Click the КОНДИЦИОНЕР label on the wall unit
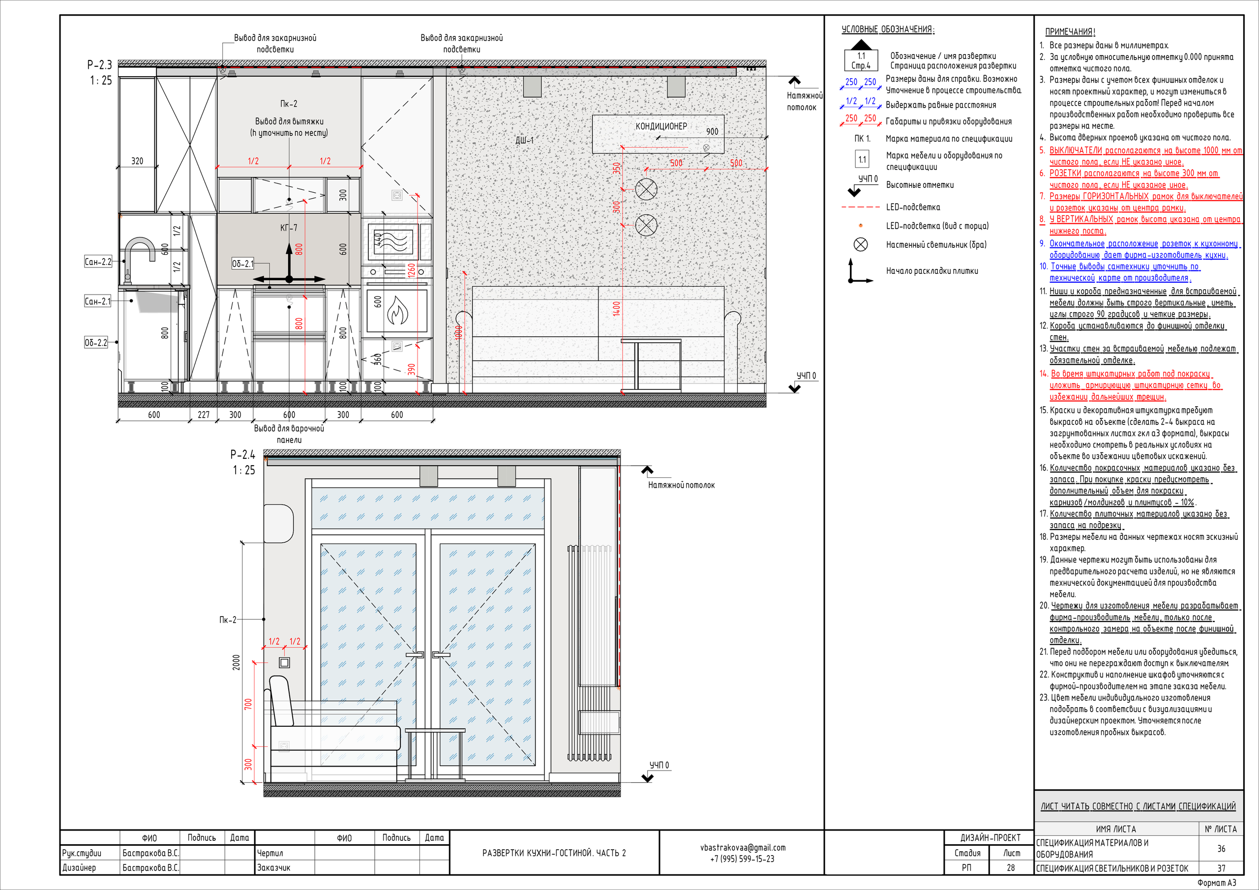[x=661, y=126]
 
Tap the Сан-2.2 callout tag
[x=97, y=262]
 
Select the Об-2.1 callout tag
[x=242, y=264]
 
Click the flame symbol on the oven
[x=397, y=311]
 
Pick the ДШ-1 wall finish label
[x=524, y=140]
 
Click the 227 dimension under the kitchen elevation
[x=204, y=415]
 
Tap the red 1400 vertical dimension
[x=616, y=309]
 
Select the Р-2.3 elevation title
[x=99, y=65]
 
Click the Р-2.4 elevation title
[x=242, y=455]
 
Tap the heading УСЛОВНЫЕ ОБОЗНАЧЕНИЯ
[x=888, y=30]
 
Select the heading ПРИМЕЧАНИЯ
[x=1070, y=32]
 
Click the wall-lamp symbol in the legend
[x=861, y=244]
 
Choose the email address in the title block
[x=743, y=848]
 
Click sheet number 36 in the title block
[x=1221, y=849]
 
